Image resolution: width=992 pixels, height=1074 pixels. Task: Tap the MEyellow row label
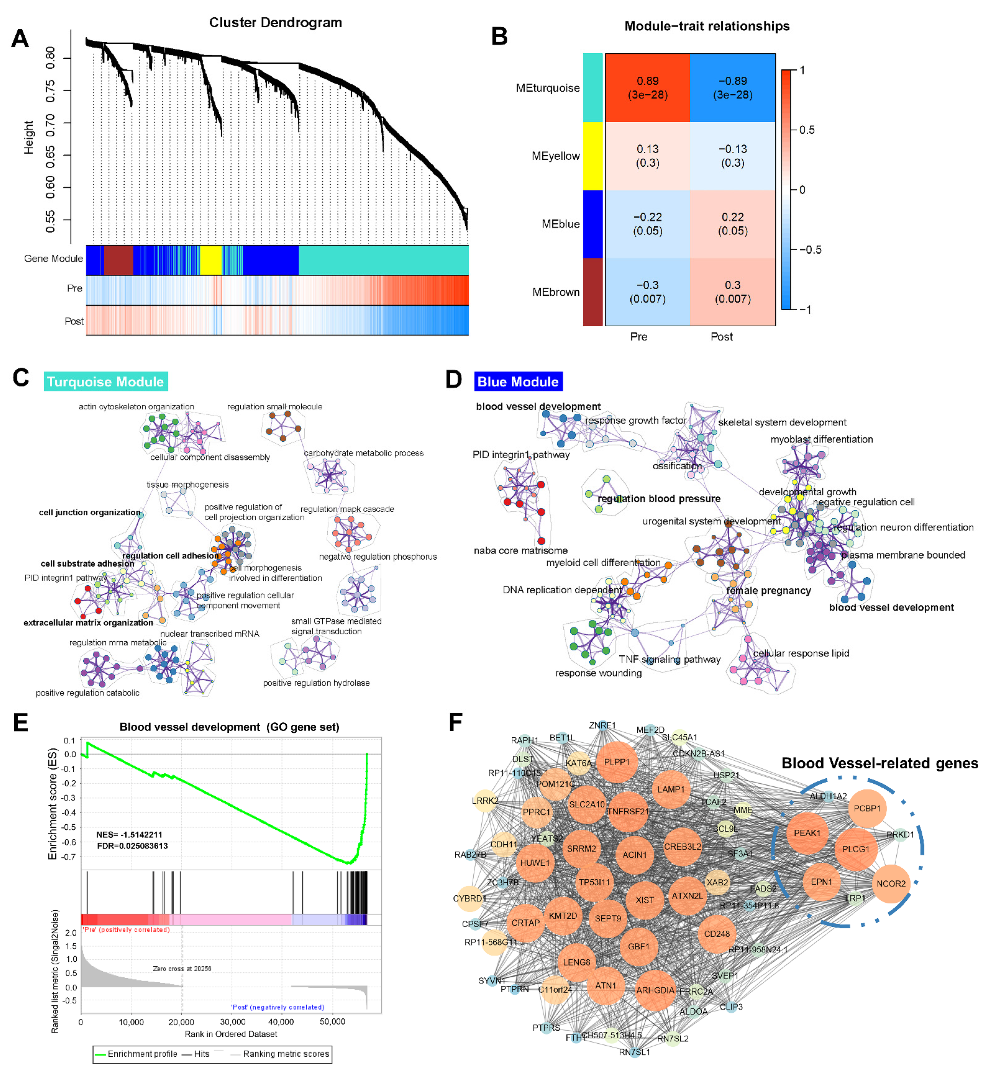pyautogui.click(x=556, y=156)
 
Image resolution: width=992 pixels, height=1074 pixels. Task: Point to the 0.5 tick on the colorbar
pyautogui.click(x=806, y=130)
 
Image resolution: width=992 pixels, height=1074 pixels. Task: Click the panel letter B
pyautogui.click(x=499, y=36)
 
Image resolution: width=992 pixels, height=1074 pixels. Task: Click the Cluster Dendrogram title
pyautogui.click(x=275, y=23)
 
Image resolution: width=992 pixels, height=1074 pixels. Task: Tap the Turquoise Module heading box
pyautogui.click(x=106, y=381)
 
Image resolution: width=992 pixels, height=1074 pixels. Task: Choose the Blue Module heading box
pyautogui.click(x=518, y=381)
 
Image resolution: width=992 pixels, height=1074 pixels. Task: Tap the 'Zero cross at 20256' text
pyautogui.click(x=182, y=969)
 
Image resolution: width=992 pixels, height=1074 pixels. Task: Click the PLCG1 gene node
pyautogui.click(x=856, y=849)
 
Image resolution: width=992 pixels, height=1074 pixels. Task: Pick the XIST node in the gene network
pyautogui.click(x=645, y=900)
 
